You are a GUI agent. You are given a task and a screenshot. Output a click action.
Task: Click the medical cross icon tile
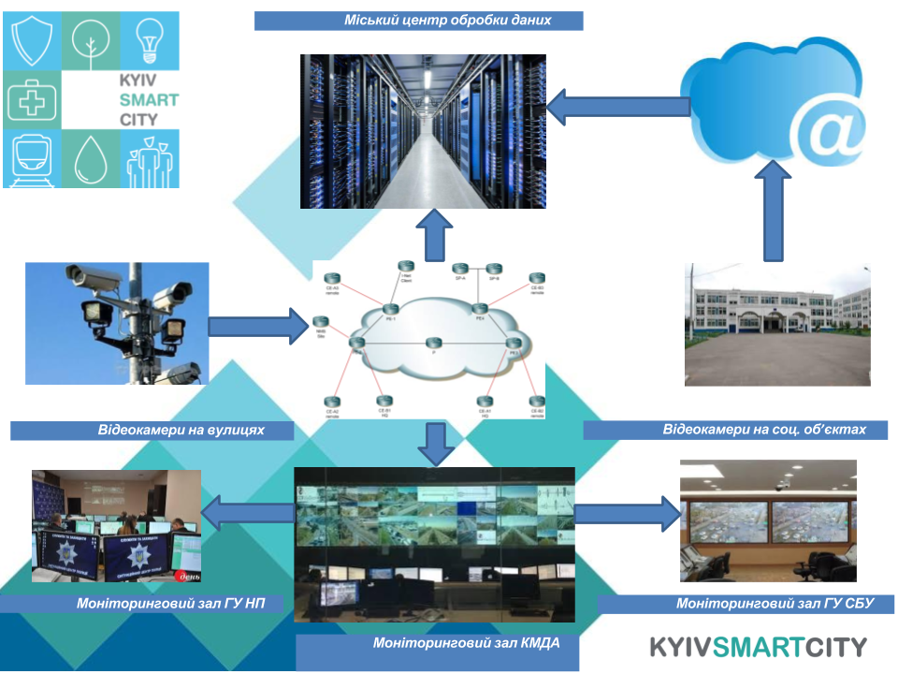(34, 100)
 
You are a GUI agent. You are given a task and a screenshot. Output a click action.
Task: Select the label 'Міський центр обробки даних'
(419, 21)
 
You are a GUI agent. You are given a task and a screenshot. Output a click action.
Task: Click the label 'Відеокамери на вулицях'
(152, 431)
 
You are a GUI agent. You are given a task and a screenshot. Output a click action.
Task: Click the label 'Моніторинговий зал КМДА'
(438, 644)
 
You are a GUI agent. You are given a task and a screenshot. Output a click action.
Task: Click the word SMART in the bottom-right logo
(760, 647)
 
